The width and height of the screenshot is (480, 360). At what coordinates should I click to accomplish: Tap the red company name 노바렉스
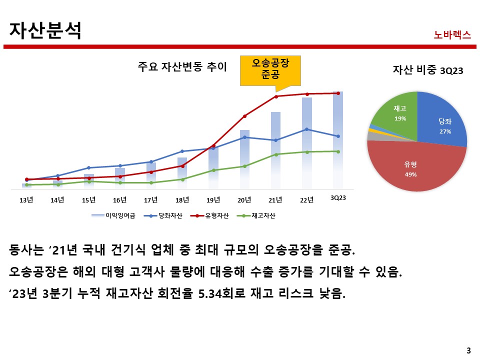(452, 35)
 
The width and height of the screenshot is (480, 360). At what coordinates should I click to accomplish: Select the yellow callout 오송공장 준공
(270, 69)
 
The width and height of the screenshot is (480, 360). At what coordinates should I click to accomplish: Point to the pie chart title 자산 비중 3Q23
(428, 70)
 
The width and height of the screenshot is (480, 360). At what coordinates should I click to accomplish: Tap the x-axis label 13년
(26, 200)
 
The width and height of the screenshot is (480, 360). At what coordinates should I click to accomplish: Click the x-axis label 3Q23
(338, 198)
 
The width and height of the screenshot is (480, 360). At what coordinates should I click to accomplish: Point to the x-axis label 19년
(213, 200)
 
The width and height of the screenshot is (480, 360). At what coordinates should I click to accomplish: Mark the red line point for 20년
(244, 116)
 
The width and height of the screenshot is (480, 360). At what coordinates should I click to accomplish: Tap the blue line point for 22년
(307, 129)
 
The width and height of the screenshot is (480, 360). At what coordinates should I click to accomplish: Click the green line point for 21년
(275, 154)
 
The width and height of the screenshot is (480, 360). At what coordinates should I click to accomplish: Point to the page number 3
(468, 350)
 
